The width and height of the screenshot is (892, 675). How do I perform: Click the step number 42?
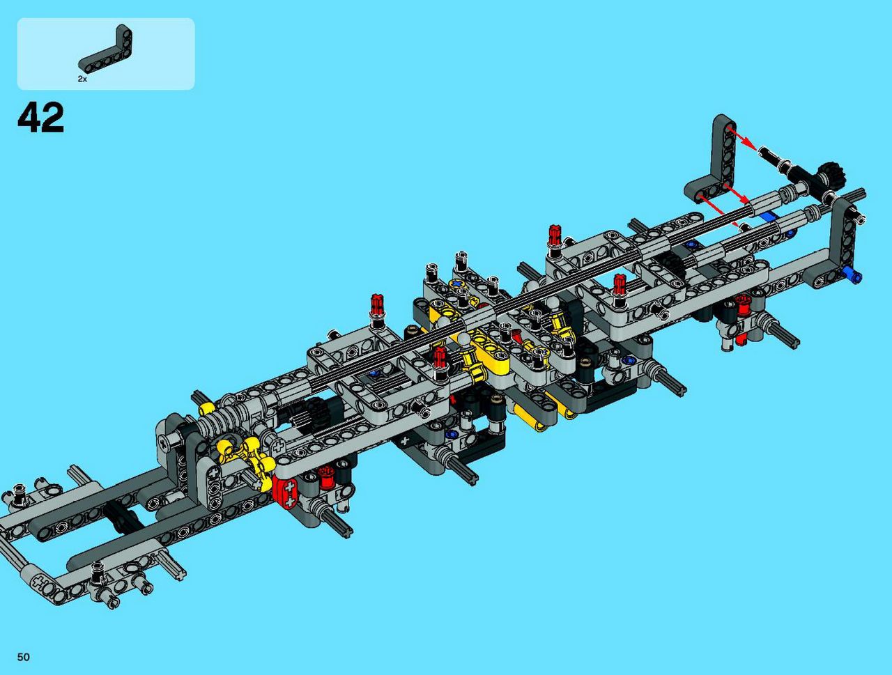click(x=41, y=117)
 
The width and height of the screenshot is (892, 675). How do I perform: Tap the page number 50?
click(x=23, y=657)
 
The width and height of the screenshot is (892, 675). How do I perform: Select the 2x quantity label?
click(x=82, y=79)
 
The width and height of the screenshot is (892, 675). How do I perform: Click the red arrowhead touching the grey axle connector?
click(x=745, y=199)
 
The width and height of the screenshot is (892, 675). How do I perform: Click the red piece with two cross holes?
click(x=286, y=493)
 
